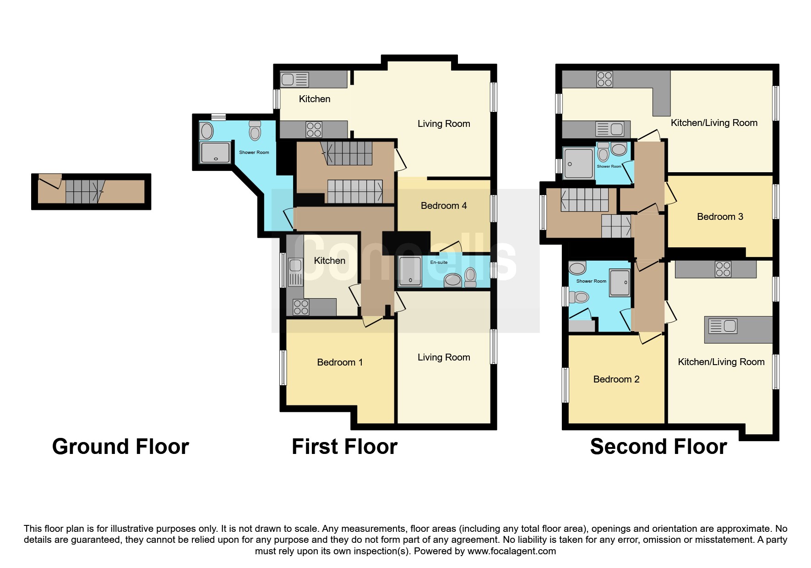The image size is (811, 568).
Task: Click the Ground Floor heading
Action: click(x=120, y=447)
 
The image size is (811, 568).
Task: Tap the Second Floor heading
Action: click(x=659, y=447)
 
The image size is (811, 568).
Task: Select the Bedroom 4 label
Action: click(x=444, y=206)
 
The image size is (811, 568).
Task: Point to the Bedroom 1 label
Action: click(x=340, y=362)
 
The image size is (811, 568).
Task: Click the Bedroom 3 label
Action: click(x=720, y=217)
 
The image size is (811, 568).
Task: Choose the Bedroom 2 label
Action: click(x=616, y=379)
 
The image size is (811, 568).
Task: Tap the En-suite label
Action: click(x=439, y=262)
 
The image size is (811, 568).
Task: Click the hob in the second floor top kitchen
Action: click(x=604, y=79)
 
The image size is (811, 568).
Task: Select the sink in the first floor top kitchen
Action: click(x=294, y=80)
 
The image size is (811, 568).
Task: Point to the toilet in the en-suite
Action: click(x=470, y=277)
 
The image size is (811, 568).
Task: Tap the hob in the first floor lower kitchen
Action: click(x=301, y=307)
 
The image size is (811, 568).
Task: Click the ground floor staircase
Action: click(x=82, y=191)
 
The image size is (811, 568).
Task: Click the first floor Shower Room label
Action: click(x=254, y=153)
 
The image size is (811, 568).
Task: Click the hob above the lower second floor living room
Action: click(x=723, y=269)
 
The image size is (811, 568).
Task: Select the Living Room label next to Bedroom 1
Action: click(x=444, y=357)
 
